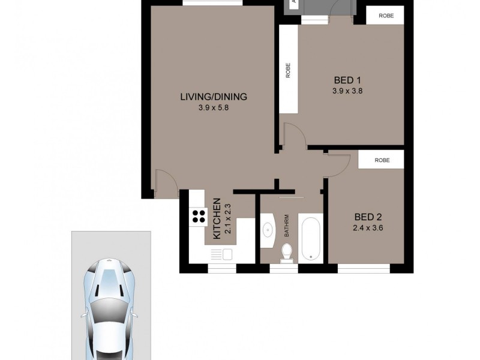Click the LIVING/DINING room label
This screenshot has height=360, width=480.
point(214,97)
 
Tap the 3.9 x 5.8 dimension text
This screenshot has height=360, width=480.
point(214,109)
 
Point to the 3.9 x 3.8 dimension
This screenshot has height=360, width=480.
point(348,92)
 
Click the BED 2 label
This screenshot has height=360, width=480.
point(368,217)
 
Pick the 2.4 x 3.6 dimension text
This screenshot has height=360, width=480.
point(368,228)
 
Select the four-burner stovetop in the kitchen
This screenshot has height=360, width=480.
point(197,217)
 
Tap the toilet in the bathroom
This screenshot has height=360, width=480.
point(287,251)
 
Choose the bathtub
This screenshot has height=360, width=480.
point(311,239)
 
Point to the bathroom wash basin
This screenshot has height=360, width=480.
point(267,230)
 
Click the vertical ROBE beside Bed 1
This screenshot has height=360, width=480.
point(288,71)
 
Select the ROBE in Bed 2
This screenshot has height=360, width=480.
point(382,160)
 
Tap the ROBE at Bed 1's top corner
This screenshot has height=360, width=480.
point(385,16)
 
